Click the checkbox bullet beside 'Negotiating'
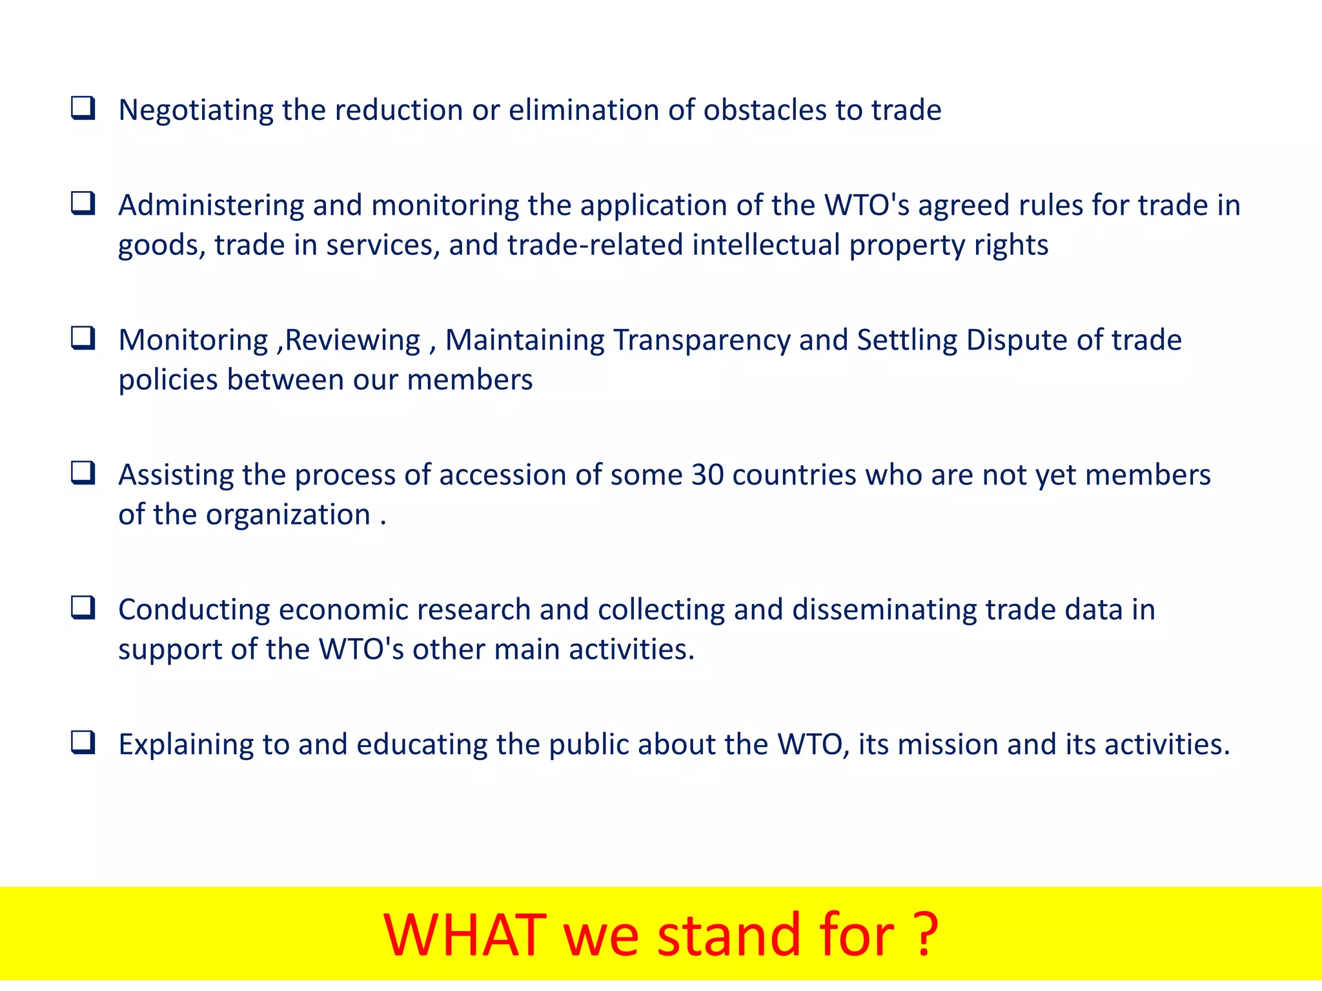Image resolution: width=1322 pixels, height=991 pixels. coord(83,108)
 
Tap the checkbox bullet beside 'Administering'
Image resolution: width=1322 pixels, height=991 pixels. coord(83,204)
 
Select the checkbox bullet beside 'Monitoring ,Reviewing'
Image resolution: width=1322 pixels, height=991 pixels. coord(83,338)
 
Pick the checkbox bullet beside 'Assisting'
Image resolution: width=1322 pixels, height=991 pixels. coord(83,473)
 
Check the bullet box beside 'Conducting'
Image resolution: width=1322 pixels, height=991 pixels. coord(83,608)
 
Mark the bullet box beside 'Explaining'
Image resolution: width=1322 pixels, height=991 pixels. coord(83,743)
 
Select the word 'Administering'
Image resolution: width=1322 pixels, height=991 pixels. coord(211,206)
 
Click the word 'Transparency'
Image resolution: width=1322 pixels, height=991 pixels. coord(702,341)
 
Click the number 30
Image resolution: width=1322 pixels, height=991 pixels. coord(707,475)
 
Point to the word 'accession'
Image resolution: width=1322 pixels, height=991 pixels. coord(503,475)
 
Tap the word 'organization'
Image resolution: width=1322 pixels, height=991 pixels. coord(288,516)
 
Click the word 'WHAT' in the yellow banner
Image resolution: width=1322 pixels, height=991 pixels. coord(465,935)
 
